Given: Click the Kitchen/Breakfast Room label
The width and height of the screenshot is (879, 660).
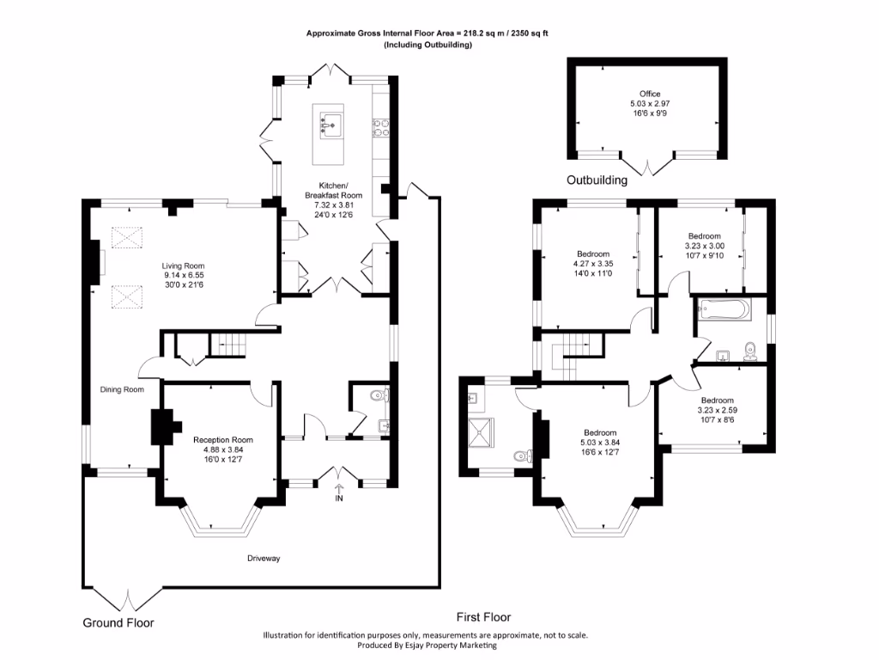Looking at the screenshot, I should [334, 191].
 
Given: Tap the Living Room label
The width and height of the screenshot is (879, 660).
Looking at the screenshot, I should [184, 266].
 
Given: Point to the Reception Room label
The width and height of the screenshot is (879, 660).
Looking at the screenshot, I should [222, 439].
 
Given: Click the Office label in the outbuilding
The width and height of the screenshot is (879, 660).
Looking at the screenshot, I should [650, 94].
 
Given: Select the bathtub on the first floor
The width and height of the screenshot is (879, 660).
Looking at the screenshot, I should [724, 309].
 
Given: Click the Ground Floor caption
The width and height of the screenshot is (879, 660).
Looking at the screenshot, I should [118, 622].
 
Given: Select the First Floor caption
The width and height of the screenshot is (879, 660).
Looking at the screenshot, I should [482, 617].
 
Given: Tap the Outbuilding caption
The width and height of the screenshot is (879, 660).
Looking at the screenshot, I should [597, 180].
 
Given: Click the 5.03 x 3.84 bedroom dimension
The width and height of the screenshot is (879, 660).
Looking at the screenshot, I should [600, 443].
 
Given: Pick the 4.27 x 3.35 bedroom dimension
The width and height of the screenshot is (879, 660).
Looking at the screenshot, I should [593, 264].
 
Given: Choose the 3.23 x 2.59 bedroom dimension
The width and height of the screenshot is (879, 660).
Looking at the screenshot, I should [717, 411].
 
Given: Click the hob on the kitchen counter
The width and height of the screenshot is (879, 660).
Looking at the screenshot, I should [379, 127].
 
